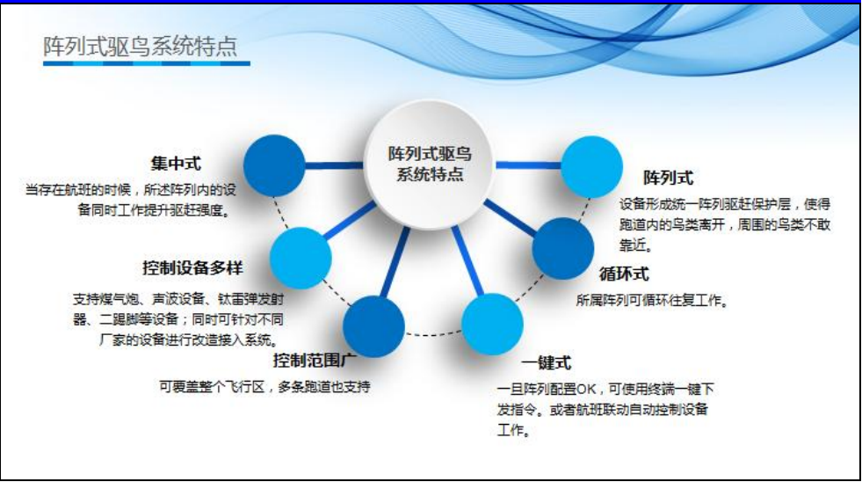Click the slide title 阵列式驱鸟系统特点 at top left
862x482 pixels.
pyautogui.click(x=141, y=47)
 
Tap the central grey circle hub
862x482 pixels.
pyautogui.click(x=430, y=164)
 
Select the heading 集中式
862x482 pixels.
pyautogui.click(x=176, y=164)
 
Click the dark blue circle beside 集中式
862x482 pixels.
pyautogui.click(x=274, y=165)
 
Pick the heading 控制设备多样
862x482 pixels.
pyautogui.click(x=192, y=268)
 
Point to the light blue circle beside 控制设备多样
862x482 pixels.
pyautogui.click(x=301, y=258)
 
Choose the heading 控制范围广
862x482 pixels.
pyautogui.click(x=315, y=361)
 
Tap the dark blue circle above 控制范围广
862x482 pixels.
pyautogui.click(x=373, y=326)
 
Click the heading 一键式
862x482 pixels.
pyautogui.click(x=547, y=363)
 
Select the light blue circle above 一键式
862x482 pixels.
pyautogui.click(x=492, y=324)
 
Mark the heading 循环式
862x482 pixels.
pyautogui.click(x=624, y=274)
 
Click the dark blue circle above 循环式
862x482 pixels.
pyautogui.click(x=563, y=248)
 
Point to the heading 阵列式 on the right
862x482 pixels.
pyautogui.click(x=669, y=178)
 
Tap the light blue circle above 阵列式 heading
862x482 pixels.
pyautogui.click(x=591, y=167)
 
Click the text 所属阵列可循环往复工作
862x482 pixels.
pyautogui.click(x=652, y=301)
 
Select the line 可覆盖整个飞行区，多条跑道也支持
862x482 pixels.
pyautogui.click(x=264, y=387)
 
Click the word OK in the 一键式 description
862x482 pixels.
pyautogui.click(x=587, y=390)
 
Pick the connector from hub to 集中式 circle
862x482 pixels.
pyautogui.click(x=334, y=165)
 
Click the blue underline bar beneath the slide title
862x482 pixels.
pyautogui.click(x=146, y=64)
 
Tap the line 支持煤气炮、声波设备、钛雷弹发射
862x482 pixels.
pyautogui.click(x=178, y=299)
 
